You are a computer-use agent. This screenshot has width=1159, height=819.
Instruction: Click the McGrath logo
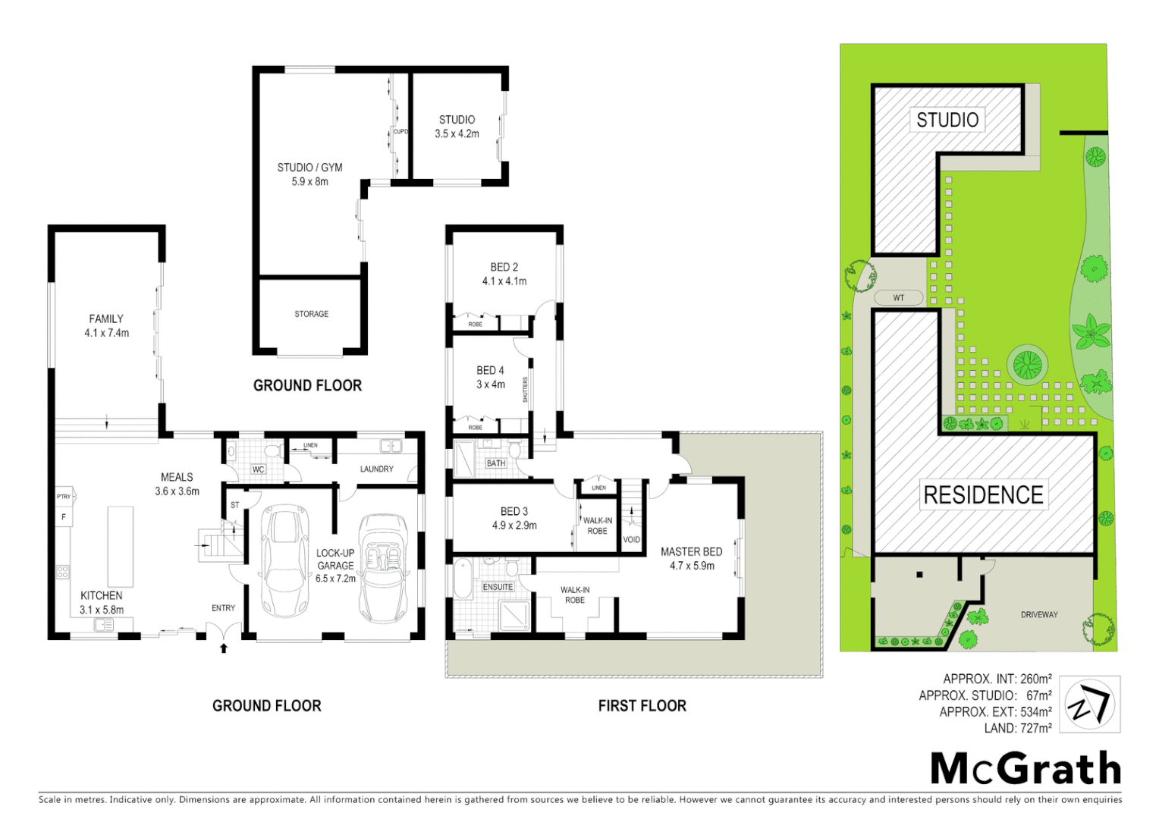1025,769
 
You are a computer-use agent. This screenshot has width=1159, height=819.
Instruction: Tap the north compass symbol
1089,704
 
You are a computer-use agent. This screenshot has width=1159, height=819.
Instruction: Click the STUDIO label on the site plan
947,120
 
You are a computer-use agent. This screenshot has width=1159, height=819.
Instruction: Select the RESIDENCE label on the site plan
983,495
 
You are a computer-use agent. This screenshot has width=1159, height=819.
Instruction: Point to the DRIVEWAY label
1038,615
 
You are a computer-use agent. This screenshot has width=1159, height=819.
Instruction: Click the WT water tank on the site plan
898,298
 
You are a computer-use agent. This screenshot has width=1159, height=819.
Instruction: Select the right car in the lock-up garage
384,567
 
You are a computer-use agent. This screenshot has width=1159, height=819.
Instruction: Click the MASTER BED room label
691,552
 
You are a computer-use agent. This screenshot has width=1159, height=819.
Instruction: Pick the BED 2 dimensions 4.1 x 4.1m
504,281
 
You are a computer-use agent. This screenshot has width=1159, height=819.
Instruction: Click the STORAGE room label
312,314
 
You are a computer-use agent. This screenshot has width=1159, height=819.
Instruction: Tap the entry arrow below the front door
223,648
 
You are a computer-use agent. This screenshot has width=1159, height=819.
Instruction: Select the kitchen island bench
121,546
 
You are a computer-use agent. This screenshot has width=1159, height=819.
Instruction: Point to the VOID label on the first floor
631,540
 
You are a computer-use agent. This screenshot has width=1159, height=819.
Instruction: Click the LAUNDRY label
376,469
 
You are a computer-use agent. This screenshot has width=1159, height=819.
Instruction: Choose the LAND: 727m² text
1017,728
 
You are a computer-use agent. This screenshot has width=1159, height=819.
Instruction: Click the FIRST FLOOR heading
642,706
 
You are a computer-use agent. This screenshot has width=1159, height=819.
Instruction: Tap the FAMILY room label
106,319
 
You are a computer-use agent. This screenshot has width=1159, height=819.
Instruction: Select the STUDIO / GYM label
309,168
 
